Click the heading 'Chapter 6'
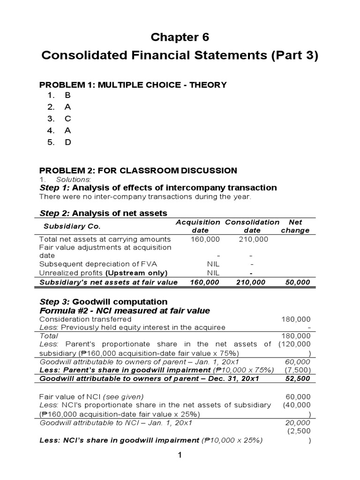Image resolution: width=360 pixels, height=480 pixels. point(180,37)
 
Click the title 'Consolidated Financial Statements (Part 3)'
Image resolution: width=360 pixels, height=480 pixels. point(180,55)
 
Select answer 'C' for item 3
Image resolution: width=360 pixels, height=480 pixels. point(67,119)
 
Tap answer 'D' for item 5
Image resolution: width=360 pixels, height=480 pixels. point(67,142)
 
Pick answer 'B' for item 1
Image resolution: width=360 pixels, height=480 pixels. point(67,95)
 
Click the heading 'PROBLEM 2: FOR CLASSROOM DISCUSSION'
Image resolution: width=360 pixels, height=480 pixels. point(138,171)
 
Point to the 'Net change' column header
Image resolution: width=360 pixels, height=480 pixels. point(295,226)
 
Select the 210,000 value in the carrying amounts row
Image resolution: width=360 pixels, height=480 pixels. point(253,239)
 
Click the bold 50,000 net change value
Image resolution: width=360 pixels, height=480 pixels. point(297,282)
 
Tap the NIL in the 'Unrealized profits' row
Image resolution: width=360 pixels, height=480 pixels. point(213,273)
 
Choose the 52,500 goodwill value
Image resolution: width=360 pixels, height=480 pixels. point(300,378)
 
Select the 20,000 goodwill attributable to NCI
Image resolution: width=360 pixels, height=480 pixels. point(300,422)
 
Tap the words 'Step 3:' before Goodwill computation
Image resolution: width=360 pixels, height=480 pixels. point(56,301)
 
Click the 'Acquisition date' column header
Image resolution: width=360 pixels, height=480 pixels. point(197,226)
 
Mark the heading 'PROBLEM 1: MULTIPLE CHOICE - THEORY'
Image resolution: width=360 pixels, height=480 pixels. point(133,85)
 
